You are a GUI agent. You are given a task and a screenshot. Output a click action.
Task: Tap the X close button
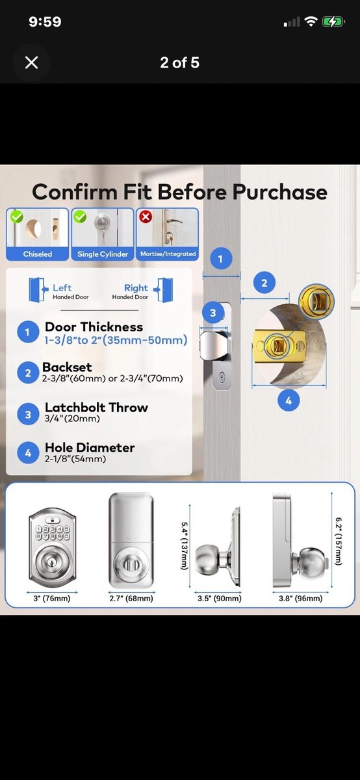click(x=31, y=63)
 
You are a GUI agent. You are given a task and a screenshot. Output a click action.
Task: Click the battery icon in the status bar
click(x=333, y=22)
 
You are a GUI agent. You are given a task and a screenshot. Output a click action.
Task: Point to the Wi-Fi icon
click(x=311, y=22)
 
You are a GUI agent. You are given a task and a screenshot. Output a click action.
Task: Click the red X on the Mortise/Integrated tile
click(x=146, y=216)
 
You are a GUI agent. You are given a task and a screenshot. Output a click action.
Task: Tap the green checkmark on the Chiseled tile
click(x=16, y=216)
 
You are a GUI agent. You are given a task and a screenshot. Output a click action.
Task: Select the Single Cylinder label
click(x=103, y=254)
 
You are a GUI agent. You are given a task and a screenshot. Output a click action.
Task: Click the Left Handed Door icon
click(x=38, y=289)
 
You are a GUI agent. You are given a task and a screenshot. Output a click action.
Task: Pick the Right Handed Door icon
click(x=163, y=289)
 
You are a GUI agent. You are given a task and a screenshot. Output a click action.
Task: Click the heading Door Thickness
click(x=94, y=327)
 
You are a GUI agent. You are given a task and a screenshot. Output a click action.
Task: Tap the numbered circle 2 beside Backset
click(x=28, y=373)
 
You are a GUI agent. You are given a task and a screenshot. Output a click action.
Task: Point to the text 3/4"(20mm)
click(x=72, y=419)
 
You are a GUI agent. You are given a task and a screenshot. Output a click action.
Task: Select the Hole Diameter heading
click(x=90, y=447)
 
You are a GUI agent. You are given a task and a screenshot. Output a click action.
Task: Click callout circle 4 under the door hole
click(x=289, y=400)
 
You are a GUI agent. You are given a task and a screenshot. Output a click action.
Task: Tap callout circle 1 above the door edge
click(x=220, y=259)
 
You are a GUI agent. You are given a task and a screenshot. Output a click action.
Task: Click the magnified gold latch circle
click(x=316, y=302)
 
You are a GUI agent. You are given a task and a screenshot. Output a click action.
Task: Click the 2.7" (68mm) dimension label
click(x=131, y=598)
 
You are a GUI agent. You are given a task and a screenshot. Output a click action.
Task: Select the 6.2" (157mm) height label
click(x=339, y=541)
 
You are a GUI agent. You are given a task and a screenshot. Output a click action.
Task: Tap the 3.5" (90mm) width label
click(x=220, y=598)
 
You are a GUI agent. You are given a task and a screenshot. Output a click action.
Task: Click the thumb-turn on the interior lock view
click(x=133, y=563)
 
